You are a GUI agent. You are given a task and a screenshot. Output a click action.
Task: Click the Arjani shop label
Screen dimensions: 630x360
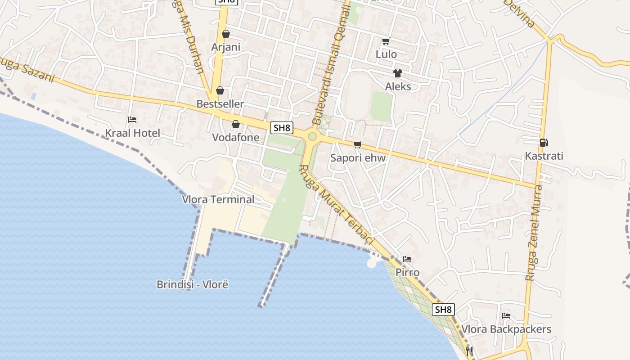click(x=226, y=47)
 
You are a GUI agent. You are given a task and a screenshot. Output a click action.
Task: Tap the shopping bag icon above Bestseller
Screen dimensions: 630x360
click(x=220, y=91)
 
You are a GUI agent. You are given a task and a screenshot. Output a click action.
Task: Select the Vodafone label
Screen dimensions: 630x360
click(x=235, y=137)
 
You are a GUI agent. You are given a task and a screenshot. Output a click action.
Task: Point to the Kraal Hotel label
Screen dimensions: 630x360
click(x=132, y=133)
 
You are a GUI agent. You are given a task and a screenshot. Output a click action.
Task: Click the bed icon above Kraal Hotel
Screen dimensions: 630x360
click(x=132, y=120)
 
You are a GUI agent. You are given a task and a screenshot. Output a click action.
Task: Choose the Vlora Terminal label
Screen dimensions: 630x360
click(x=218, y=199)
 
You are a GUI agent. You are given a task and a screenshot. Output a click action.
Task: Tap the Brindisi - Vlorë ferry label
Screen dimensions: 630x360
click(x=193, y=284)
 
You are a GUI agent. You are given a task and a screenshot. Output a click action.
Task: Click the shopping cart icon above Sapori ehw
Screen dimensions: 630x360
click(x=358, y=144)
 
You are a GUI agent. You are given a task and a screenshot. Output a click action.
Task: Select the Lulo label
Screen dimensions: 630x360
click(x=387, y=54)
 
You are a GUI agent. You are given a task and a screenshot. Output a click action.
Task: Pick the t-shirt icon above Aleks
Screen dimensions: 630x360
click(x=397, y=73)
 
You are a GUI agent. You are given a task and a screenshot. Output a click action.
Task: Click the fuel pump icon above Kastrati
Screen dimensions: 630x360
click(x=544, y=143)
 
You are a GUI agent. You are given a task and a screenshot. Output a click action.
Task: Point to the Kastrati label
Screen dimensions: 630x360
click(x=544, y=157)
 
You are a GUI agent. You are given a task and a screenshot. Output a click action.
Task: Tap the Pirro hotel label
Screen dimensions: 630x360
click(x=407, y=272)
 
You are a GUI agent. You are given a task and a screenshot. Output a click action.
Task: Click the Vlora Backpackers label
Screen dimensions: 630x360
click(x=506, y=329)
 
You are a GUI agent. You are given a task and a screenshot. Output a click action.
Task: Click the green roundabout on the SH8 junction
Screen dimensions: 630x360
click(x=312, y=136)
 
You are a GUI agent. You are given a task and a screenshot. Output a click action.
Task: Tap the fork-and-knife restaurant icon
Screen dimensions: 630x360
click(x=469, y=351)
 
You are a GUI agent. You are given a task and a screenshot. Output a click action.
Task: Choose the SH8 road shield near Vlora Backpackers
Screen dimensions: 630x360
click(x=443, y=310)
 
